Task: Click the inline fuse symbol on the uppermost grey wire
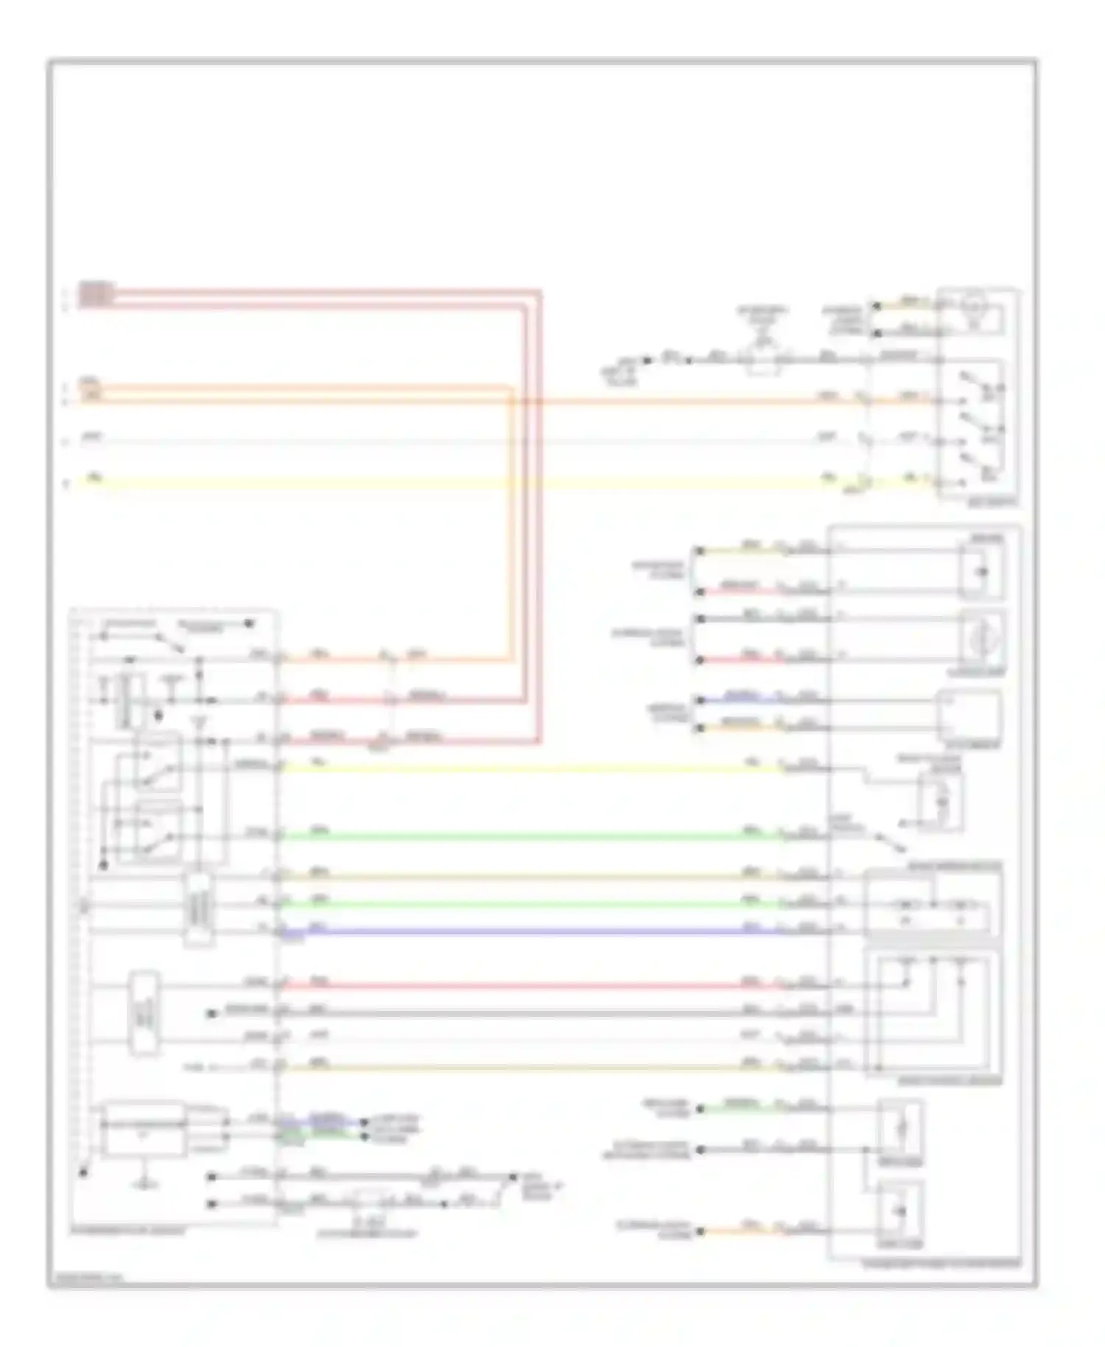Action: click(x=763, y=360)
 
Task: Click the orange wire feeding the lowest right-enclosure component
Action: click(x=744, y=1231)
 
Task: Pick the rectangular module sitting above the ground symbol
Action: click(x=144, y=1129)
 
